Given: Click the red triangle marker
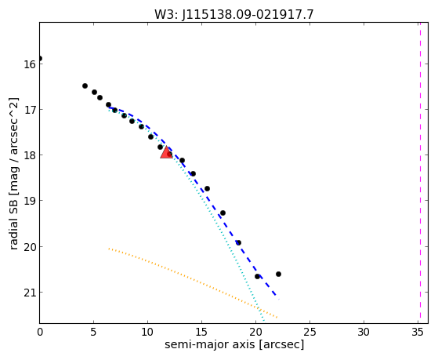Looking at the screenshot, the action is click(166, 152).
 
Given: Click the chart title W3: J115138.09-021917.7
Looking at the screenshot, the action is click(234, 15).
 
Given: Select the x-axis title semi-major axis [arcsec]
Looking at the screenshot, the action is click(234, 344).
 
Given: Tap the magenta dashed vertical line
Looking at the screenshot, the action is click(420, 173).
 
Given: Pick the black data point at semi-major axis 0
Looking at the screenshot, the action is click(40, 59).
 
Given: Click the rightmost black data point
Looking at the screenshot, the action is click(278, 275).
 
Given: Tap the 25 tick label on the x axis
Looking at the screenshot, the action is click(309, 333).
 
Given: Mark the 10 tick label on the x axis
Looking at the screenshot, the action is click(147, 333).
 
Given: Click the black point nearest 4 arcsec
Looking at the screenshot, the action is click(85, 85).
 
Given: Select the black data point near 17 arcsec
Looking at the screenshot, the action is click(223, 213).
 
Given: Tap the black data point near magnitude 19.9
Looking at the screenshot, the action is click(238, 243).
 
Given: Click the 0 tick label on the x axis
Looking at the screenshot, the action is click(40, 333).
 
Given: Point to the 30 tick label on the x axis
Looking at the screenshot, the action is click(364, 333).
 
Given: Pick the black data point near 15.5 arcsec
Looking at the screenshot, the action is click(207, 189).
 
